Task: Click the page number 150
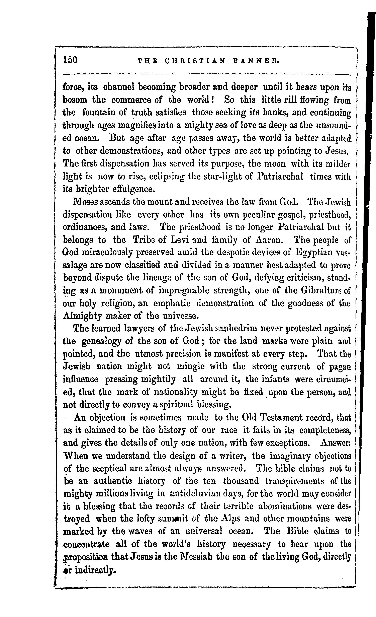click(71, 60)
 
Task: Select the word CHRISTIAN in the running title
click(195, 61)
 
